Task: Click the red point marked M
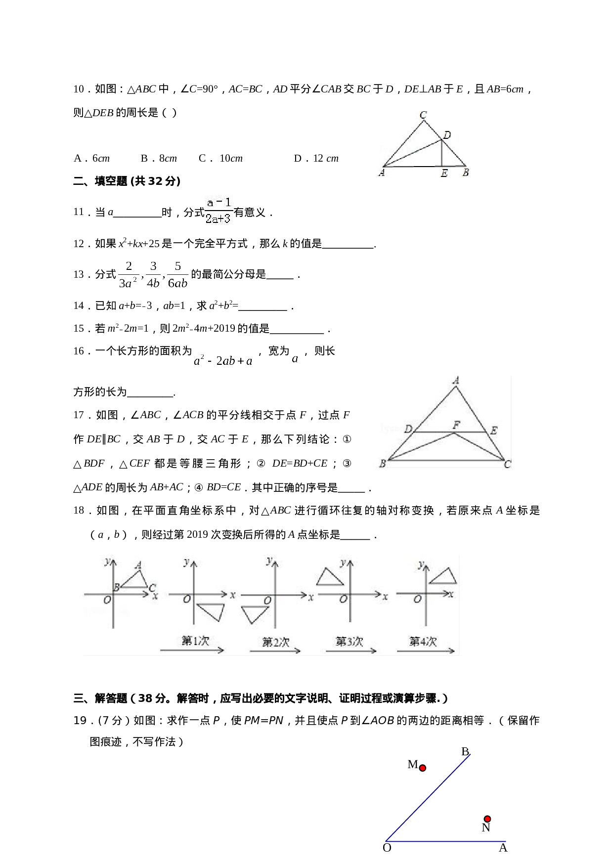pos(422,768)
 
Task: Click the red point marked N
pos(487,819)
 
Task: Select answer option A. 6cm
pos(91,159)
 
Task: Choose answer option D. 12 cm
pos(316,159)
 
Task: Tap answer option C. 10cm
pos(220,159)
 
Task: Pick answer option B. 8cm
pos(159,159)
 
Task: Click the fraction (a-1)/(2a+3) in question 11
pos(219,211)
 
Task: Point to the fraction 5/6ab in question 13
pos(177,275)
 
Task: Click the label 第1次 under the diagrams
pos(195,641)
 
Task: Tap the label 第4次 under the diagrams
pos(423,642)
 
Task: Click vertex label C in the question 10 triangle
pos(423,115)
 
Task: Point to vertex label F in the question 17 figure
pos(456,425)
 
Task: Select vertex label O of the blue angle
pos(387,848)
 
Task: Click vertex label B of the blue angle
pos(465,752)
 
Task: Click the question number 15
pos(79,329)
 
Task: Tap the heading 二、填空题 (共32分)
pos(127,181)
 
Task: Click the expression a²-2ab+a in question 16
pos(223,361)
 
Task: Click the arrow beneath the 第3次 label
pos(350,651)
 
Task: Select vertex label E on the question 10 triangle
pos(444,173)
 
